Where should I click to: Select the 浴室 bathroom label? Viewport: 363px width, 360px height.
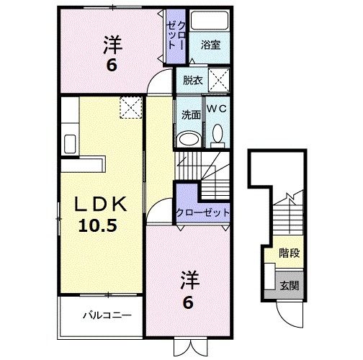(x=210, y=45)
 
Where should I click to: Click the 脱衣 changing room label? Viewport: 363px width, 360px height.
(x=192, y=79)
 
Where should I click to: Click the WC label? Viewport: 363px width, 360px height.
(x=217, y=108)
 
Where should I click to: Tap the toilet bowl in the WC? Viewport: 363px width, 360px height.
(x=217, y=134)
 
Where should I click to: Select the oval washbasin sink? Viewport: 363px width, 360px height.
(x=189, y=138)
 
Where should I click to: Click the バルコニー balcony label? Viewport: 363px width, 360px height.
(x=106, y=315)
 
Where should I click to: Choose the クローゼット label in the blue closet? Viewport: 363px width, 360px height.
(x=202, y=213)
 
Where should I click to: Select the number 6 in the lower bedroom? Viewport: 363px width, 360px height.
(x=187, y=302)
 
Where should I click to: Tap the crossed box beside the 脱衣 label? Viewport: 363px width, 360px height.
(x=219, y=78)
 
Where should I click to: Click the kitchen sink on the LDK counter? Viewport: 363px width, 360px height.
(x=70, y=142)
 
